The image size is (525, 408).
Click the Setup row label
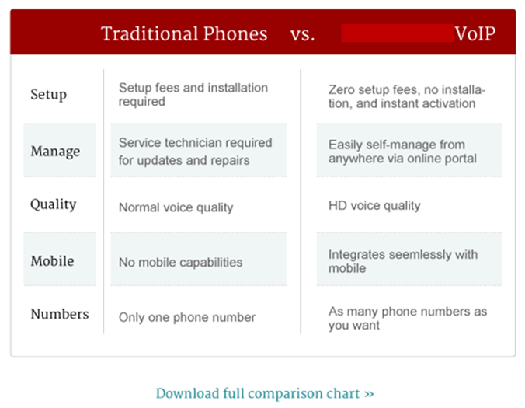point(48,95)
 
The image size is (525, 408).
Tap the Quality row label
point(54,205)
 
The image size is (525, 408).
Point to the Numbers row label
point(60,315)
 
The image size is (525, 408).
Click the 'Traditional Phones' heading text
point(184,34)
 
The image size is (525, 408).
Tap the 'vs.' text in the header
point(302,34)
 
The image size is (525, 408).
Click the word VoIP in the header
point(476,34)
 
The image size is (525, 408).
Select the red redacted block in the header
point(398,33)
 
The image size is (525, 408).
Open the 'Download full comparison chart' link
point(265,393)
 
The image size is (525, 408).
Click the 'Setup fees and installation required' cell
point(193,95)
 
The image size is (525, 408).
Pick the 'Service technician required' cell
point(195,151)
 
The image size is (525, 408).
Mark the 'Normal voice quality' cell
point(176,207)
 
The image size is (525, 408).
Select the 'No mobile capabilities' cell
point(180,263)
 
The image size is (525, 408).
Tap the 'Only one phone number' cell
point(186,317)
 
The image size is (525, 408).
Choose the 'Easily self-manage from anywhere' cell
point(402,151)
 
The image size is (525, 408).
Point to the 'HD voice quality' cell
point(374,206)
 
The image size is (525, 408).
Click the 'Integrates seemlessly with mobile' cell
point(403,261)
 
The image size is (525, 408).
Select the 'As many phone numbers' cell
point(407,318)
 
